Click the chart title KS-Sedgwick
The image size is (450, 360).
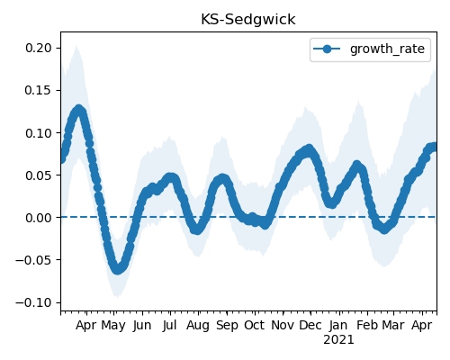pyautogui.click(x=248, y=20)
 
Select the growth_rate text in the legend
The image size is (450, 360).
pyautogui.click(x=387, y=49)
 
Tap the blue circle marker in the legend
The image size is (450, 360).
pyautogui.click(x=327, y=49)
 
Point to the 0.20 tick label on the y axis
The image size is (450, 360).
pyautogui.click(x=39, y=48)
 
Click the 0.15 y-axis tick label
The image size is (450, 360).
pyautogui.click(x=39, y=90)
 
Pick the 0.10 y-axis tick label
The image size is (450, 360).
pyautogui.click(x=39, y=133)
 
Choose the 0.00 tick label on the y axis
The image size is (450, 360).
pyautogui.click(x=39, y=218)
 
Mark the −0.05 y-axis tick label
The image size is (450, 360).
pyautogui.click(x=34, y=260)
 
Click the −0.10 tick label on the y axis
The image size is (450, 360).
pyautogui.click(x=34, y=302)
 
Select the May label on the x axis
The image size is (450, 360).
pyautogui.click(x=113, y=326)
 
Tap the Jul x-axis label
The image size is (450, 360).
pyautogui.click(x=170, y=325)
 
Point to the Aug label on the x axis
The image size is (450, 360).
pyautogui.click(x=198, y=326)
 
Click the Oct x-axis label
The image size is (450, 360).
pyautogui.click(x=255, y=325)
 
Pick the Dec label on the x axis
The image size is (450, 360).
pyautogui.click(x=310, y=325)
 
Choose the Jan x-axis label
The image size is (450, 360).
pyautogui.click(x=338, y=325)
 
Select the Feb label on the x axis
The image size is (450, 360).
pyautogui.click(x=367, y=325)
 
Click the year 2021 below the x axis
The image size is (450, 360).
pyautogui.click(x=338, y=340)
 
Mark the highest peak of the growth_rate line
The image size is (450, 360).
pyautogui.click(x=78, y=109)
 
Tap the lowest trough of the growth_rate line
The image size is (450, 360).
pyautogui.click(x=118, y=269)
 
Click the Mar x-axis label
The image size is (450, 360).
pyautogui.click(x=393, y=325)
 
